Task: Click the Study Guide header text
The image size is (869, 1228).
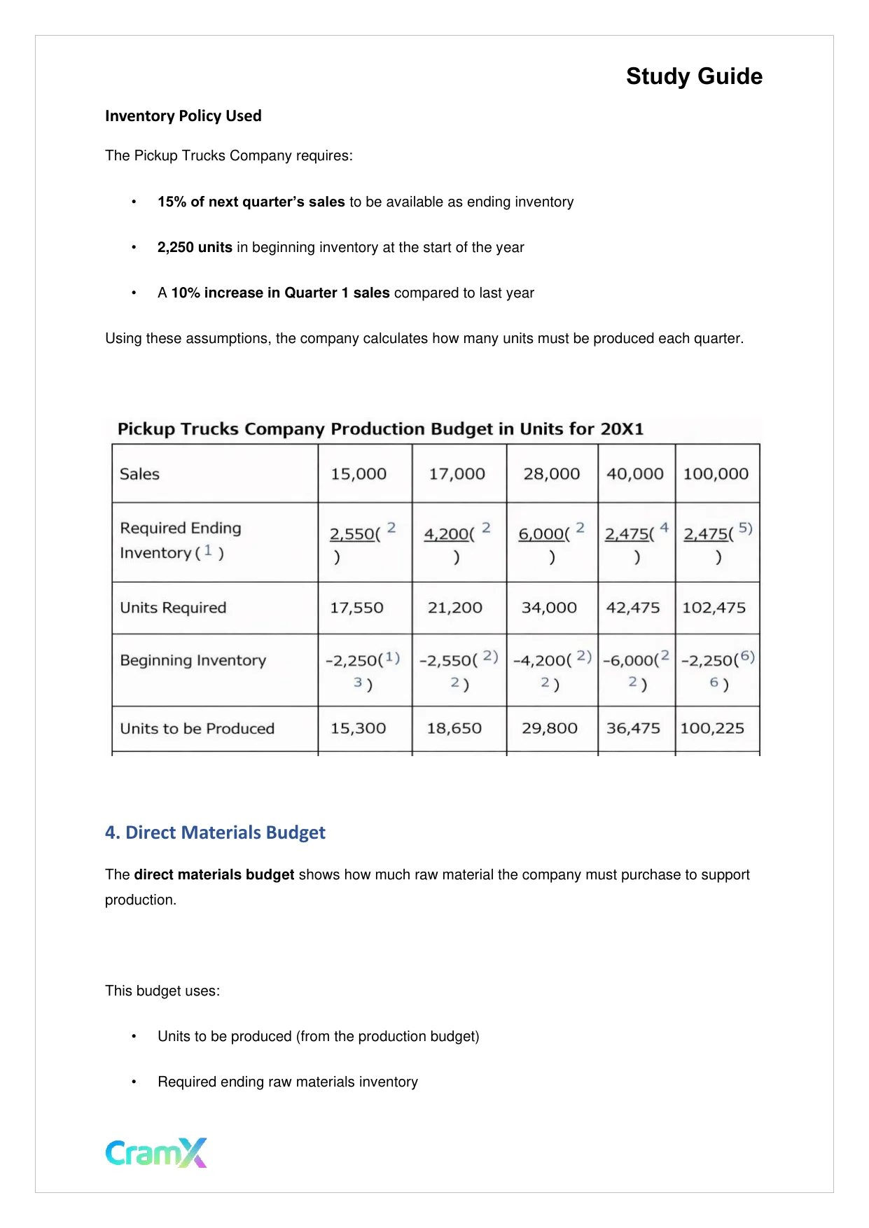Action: (693, 76)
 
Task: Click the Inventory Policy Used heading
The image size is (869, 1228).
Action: (183, 116)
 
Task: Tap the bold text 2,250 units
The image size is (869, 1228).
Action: (195, 247)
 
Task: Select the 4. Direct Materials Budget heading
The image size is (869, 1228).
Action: (215, 832)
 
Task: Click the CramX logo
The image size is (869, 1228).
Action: (156, 1152)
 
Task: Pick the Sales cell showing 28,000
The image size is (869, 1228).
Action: (551, 474)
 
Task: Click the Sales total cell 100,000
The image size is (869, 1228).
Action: (716, 474)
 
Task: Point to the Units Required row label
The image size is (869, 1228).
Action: (173, 608)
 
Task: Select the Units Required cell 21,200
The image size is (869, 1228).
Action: (454, 608)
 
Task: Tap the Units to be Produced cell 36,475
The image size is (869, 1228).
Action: (633, 728)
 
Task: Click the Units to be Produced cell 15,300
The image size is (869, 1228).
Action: (358, 728)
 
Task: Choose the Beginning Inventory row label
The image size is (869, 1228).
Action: (193, 660)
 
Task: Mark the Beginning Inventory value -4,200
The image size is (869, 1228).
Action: (541, 661)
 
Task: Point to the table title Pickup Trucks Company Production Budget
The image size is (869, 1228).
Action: (380, 429)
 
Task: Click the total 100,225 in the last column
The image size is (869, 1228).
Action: (712, 728)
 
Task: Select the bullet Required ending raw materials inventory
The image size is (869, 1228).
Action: (287, 1082)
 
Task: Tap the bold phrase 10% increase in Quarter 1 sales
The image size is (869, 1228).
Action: (280, 293)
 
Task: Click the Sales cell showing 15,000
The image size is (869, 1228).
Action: (358, 474)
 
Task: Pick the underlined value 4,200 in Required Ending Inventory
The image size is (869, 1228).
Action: (445, 534)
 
